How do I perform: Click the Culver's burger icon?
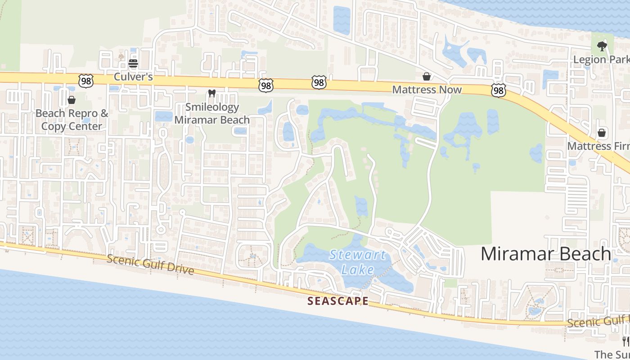133,64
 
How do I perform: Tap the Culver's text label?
133,76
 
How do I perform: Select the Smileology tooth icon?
212,94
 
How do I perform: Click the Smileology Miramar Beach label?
212,113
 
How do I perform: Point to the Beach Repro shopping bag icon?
72,100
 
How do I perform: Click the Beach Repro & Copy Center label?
72,120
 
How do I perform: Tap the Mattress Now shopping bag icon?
426,76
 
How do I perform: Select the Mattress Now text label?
427,90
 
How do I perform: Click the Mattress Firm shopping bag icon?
602,133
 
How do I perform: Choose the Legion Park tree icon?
602,46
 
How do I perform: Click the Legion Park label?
601,59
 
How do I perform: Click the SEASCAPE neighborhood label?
338,301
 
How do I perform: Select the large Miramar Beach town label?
546,254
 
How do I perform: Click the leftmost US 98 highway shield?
85,81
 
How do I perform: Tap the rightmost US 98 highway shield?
498,91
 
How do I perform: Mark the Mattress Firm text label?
598,146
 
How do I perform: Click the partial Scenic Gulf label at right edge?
598,321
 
